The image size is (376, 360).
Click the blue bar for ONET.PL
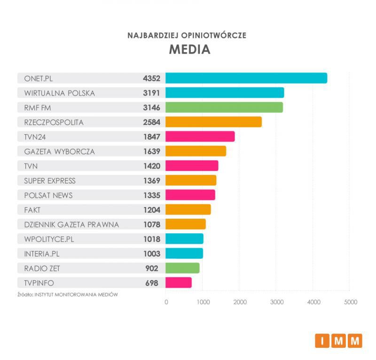point(246,78)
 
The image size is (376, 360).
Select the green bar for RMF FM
point(224,107)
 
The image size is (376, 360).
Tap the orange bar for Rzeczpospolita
point(213,122)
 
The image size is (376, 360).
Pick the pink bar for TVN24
point(200,136)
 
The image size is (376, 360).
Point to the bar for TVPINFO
point(179,283)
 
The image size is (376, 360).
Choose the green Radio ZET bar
point(182,268)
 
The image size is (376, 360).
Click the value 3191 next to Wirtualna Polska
point(152,93)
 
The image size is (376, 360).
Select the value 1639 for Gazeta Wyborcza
point(152,151)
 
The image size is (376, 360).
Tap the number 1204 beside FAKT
point(152,210)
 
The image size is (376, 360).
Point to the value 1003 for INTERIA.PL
point(152,254)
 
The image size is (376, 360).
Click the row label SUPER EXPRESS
point(49,181)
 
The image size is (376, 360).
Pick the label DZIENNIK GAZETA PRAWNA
point(71,224)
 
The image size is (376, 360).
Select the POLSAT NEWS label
point(48,195)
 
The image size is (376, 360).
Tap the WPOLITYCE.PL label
point(49,239)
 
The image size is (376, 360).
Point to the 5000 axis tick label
point(350,302)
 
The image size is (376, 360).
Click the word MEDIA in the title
point(189,49)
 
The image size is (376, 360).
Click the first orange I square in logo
point(322,341)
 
